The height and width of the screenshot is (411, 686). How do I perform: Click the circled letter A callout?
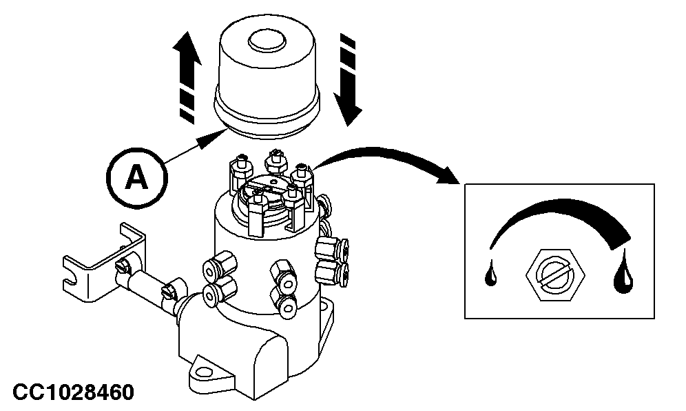(x=136, y=178)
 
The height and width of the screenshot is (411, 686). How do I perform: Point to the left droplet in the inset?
(x=490, y=274)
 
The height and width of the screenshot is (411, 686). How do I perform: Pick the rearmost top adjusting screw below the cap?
(x=273, y=161)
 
